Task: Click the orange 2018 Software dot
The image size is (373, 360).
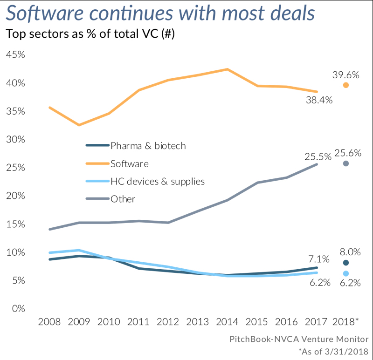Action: point(345,85)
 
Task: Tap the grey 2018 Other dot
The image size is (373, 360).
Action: point(345,163)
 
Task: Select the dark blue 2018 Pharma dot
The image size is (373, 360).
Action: point(345,263)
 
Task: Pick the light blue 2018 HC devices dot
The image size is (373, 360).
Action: point(345,273)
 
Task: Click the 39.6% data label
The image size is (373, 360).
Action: point(345,74)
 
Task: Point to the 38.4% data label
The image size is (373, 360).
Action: point(319,99)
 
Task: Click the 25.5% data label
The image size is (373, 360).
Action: point(318,156)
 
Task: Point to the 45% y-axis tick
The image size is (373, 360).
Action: point(15,55)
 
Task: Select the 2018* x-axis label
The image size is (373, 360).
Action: point(345,322)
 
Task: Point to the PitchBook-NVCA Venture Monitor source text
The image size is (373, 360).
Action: point(299,339)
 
